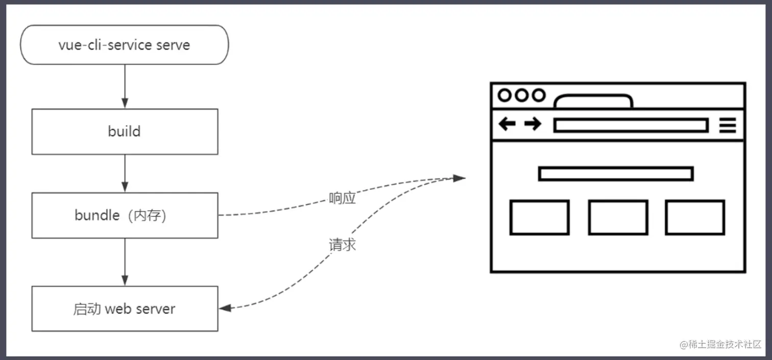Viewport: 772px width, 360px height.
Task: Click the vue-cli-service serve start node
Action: pos(124,45)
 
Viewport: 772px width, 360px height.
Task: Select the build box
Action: pos(125,132)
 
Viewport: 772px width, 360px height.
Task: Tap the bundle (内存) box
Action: pos(125,215)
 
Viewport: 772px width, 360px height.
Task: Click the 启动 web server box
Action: pos(125,309)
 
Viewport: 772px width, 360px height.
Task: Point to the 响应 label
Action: pos(342,199)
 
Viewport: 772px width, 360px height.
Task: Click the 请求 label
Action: pos(342,245)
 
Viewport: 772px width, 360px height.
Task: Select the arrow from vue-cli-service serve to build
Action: pos(125,86)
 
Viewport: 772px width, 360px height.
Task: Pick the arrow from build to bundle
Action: pos(125,174)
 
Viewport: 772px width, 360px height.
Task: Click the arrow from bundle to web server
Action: pos(125,262)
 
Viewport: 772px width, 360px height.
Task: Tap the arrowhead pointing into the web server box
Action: pos(225,308)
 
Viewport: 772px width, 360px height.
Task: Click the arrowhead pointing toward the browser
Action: pos(459,178)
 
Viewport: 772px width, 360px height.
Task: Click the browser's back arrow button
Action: pos(507,124)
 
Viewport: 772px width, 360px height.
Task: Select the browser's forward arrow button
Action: pos(533,124)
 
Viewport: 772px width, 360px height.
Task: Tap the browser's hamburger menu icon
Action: pos(728,125)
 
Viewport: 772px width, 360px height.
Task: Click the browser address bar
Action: pos(631,125)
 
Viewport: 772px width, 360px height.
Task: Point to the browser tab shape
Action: pos(594,102)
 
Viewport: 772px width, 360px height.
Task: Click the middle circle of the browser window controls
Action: pos(521,95)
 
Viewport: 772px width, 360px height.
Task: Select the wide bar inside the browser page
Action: pos(616,174)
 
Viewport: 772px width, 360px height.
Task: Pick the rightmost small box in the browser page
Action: pos(695,218)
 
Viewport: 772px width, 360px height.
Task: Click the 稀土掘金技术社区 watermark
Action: pos(720,345)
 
